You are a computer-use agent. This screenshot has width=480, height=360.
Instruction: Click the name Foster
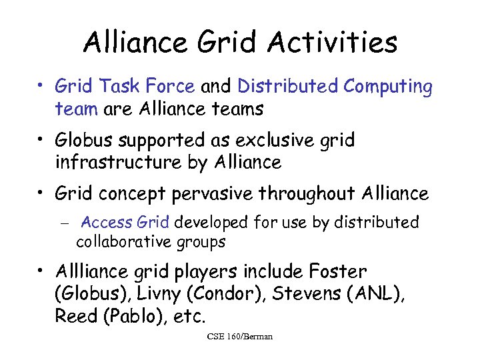point(338,272)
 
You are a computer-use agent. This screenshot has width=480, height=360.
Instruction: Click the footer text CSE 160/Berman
point(240,337)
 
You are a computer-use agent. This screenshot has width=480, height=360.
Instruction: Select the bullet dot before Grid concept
point(41,194)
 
